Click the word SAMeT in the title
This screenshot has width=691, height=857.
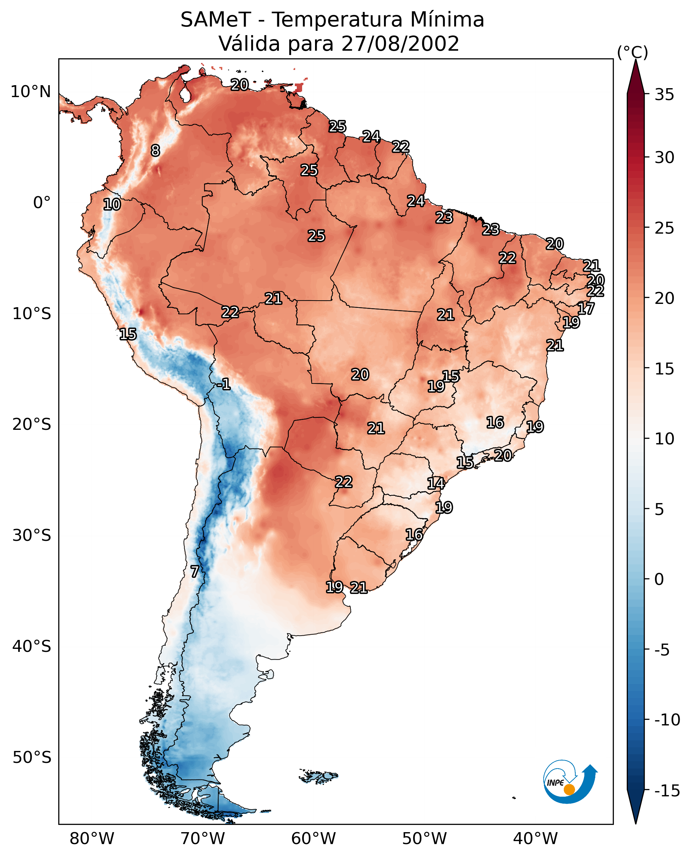point(216,20)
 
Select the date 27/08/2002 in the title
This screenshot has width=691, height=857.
point(400,44)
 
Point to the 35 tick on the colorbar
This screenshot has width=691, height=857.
point(664,95)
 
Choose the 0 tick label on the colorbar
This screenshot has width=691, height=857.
point(659,579)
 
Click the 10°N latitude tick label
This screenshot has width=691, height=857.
point(31,92)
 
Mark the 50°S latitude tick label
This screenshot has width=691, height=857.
point(32,758)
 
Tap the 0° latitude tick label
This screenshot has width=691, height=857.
point(42,203)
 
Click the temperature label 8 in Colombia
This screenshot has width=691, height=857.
point(156,150)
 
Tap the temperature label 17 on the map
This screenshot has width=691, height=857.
point(586,309)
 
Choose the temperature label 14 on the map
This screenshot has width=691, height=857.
point(436,484)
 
